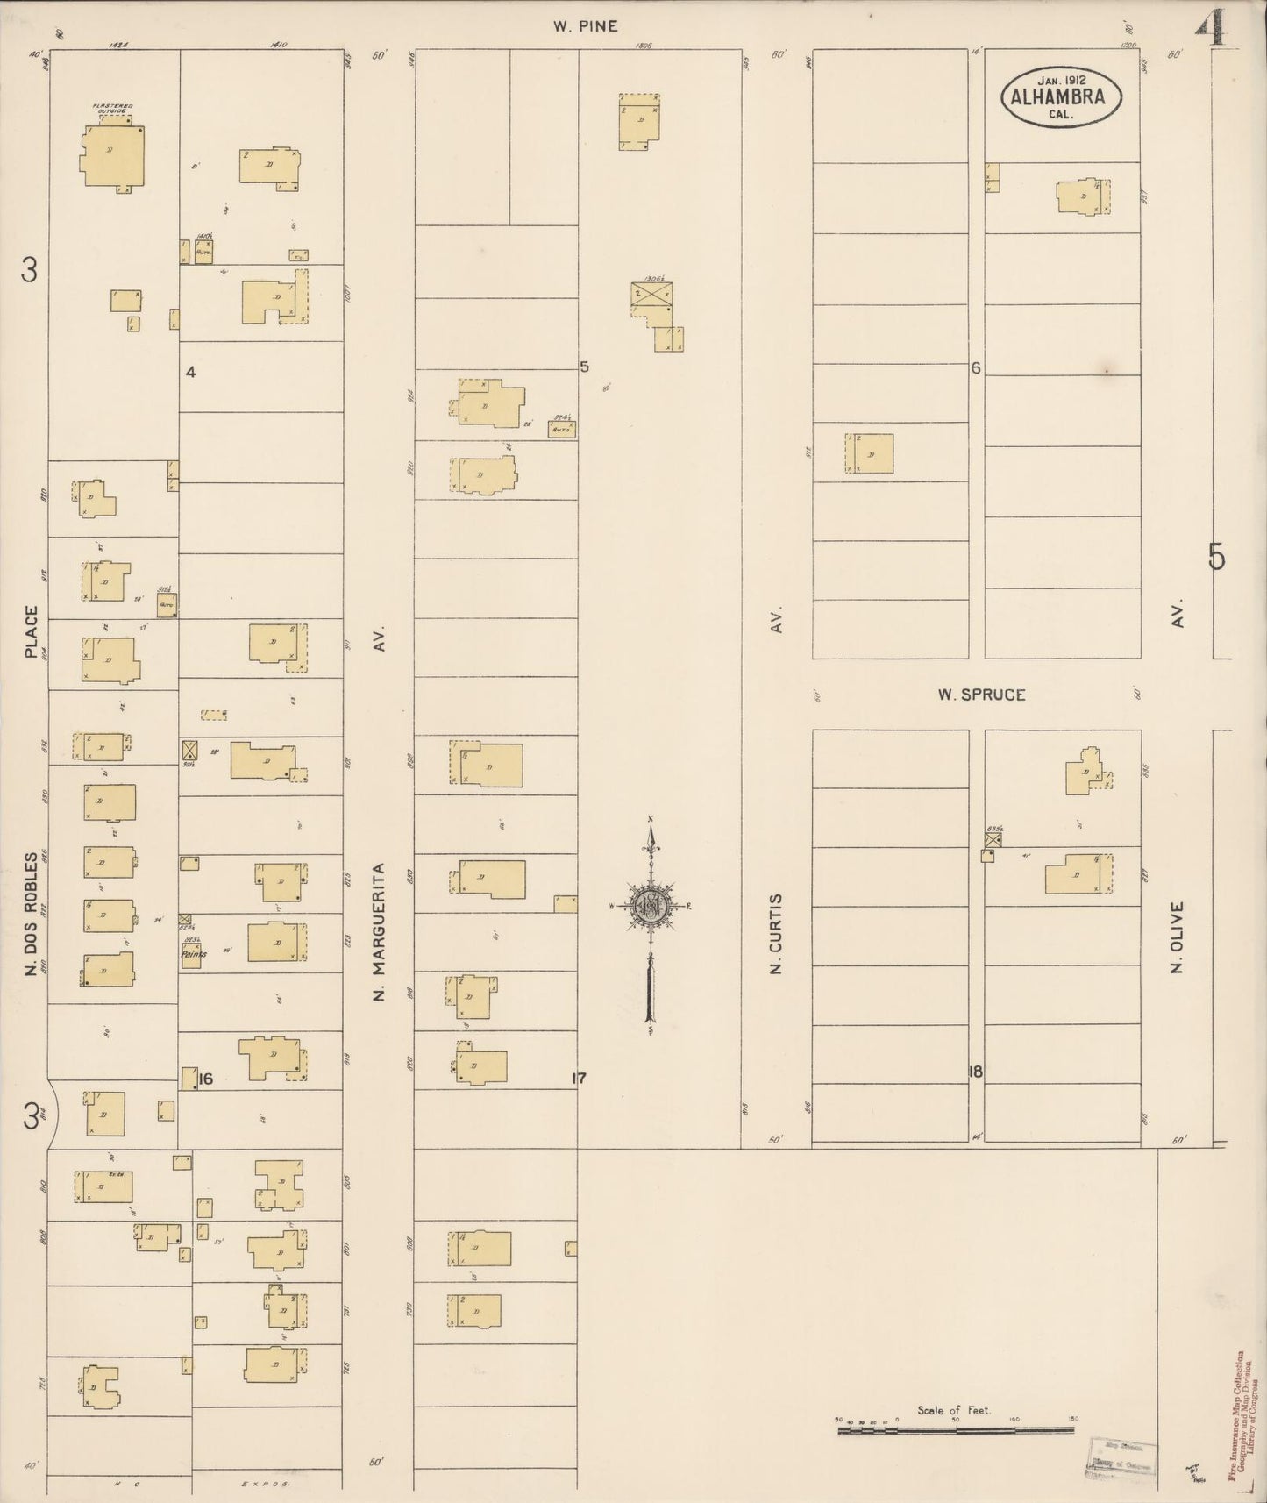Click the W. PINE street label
pos(585,26)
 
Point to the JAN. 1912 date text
pos(1061,81)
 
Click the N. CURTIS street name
pos(774,934)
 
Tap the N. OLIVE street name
pos(1177,937)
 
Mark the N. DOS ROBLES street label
pos(32,914)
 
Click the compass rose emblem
pos(651,906)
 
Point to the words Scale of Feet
pos(953,1411)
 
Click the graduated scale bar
pos(956,1430)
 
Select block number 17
pos(579,1079)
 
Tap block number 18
pos(976,1072)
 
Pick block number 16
pos(206,1079)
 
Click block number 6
pos(975,368)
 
